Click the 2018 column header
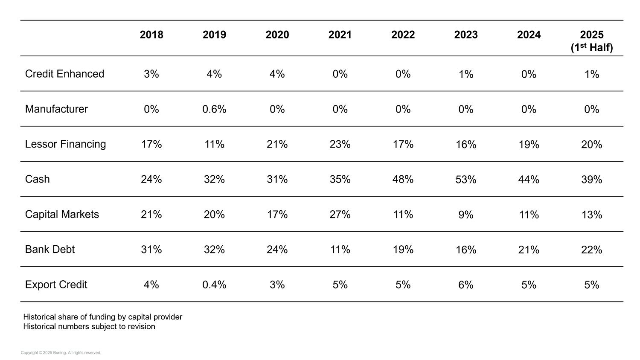(151, 35)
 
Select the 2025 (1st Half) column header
(592, 41)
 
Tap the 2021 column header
(340, 35)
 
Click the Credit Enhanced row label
(64, 74)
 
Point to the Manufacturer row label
(56, 109)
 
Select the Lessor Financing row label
(65, 144)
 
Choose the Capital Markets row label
(62, 214)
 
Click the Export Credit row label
(56, 285)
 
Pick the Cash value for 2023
(466, 180)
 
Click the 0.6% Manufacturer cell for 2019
(214, 110)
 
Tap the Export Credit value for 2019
(214, 285)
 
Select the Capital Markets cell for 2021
(340, 215)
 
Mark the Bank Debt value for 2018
(151, 250)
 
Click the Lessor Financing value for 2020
(277, 145)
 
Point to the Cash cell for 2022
(403, 180)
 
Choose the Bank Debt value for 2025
(592, 250)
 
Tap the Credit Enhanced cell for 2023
(466, 74)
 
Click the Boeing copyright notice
(61, 353)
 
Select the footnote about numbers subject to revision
(89, 327)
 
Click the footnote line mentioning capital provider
(102, 317)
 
